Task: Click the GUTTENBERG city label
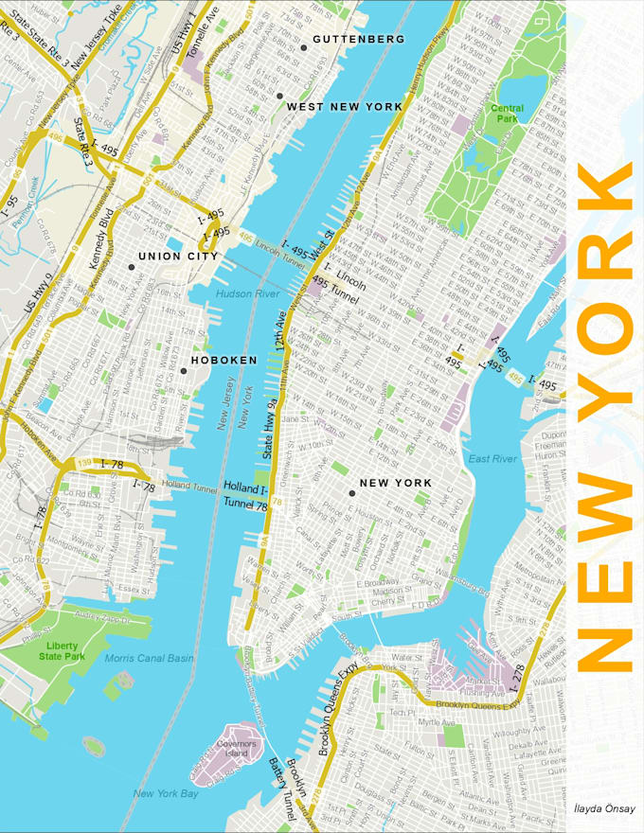pyautogui.click(x=358, y=40)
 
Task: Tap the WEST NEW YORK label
pyautogui.click(x=345, y=107)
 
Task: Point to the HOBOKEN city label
pyautogui.click(x=224, y=361)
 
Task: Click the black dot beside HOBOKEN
pyautogui.click(x=184, y=371)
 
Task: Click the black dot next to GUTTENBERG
pyautogui.click(x=303, y=47)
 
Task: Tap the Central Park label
pyautogui.click(x=507, y=114)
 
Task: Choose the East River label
pyautogui.click(x=492, y=459)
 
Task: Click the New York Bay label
pyautogui.click(x=166, y=793)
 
